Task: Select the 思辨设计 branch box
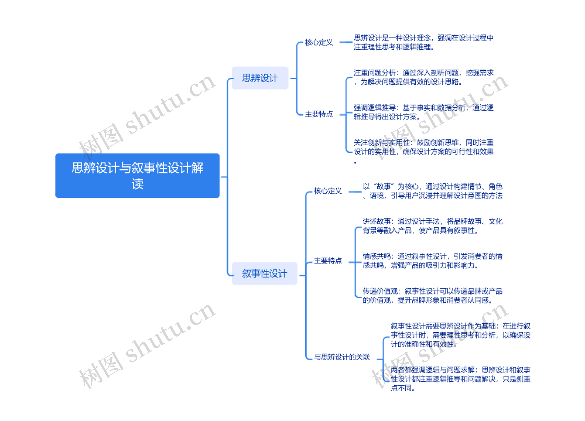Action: point(260,78)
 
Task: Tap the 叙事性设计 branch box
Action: point(264,273)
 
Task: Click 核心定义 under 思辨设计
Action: point(319,42)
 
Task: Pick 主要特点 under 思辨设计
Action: point(319,114)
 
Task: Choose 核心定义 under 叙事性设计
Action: point(328,191)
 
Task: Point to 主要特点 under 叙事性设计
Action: point(328,261)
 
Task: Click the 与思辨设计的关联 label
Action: point(342,357)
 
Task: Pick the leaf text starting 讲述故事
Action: point(433,226)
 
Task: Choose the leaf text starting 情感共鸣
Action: point(433,261)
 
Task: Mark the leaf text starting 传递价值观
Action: point(433,296)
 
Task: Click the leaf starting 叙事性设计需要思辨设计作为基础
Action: point(460,335)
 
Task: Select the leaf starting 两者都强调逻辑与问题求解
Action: point(460,379)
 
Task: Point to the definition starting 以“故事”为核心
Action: point(433,191)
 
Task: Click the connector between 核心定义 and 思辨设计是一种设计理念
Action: point(346,42)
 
